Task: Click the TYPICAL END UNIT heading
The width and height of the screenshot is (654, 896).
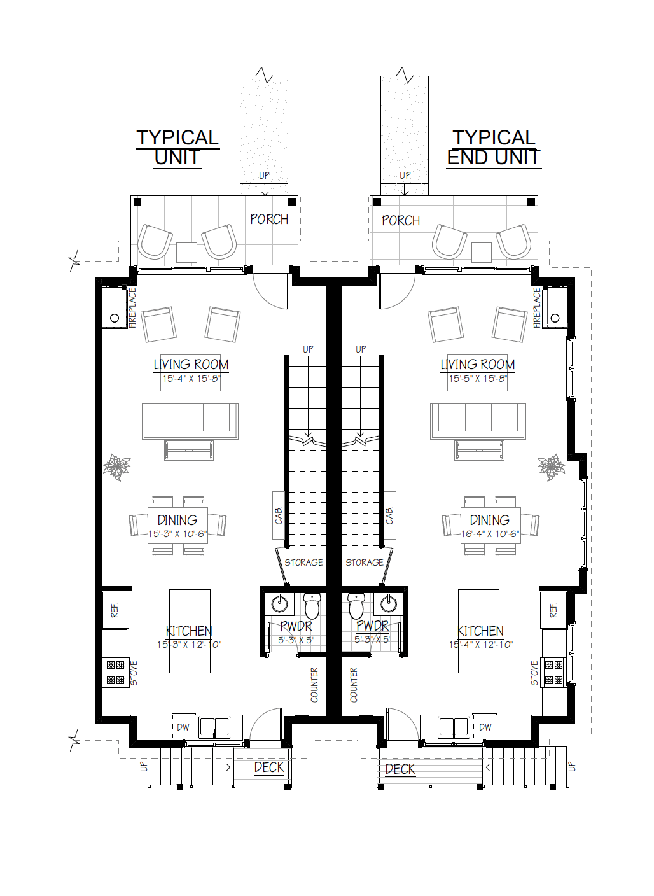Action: coord(494,148)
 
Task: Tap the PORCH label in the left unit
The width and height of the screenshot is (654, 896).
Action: coord(269,220)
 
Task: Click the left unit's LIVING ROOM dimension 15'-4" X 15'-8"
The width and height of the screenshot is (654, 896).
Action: coord(191,379)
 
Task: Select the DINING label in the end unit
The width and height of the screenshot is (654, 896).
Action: coord(490,520)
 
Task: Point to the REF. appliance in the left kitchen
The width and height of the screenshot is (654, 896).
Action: coord(115,610)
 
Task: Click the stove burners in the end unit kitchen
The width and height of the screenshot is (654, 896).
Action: coord(553,673)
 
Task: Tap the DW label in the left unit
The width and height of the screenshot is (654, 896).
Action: coord(183,727)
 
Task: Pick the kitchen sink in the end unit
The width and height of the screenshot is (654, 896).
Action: coord(454,727)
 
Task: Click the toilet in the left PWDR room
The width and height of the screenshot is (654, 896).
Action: coord(312,606)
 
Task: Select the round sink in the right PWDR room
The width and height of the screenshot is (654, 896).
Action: coord(388,604)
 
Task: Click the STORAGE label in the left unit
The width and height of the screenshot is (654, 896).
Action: coord(303,563)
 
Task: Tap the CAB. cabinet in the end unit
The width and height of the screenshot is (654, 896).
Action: coord(389,515)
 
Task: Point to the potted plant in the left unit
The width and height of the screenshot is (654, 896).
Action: coord(117,467)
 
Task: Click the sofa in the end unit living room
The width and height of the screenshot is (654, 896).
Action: coord(478,421)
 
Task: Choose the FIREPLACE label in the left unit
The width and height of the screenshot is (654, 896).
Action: coord(132,308)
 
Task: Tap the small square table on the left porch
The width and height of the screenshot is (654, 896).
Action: coord(186,253)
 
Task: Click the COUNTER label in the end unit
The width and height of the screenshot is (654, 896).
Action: coord(354,685)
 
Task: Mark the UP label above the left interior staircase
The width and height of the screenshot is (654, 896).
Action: coord(308,349)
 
